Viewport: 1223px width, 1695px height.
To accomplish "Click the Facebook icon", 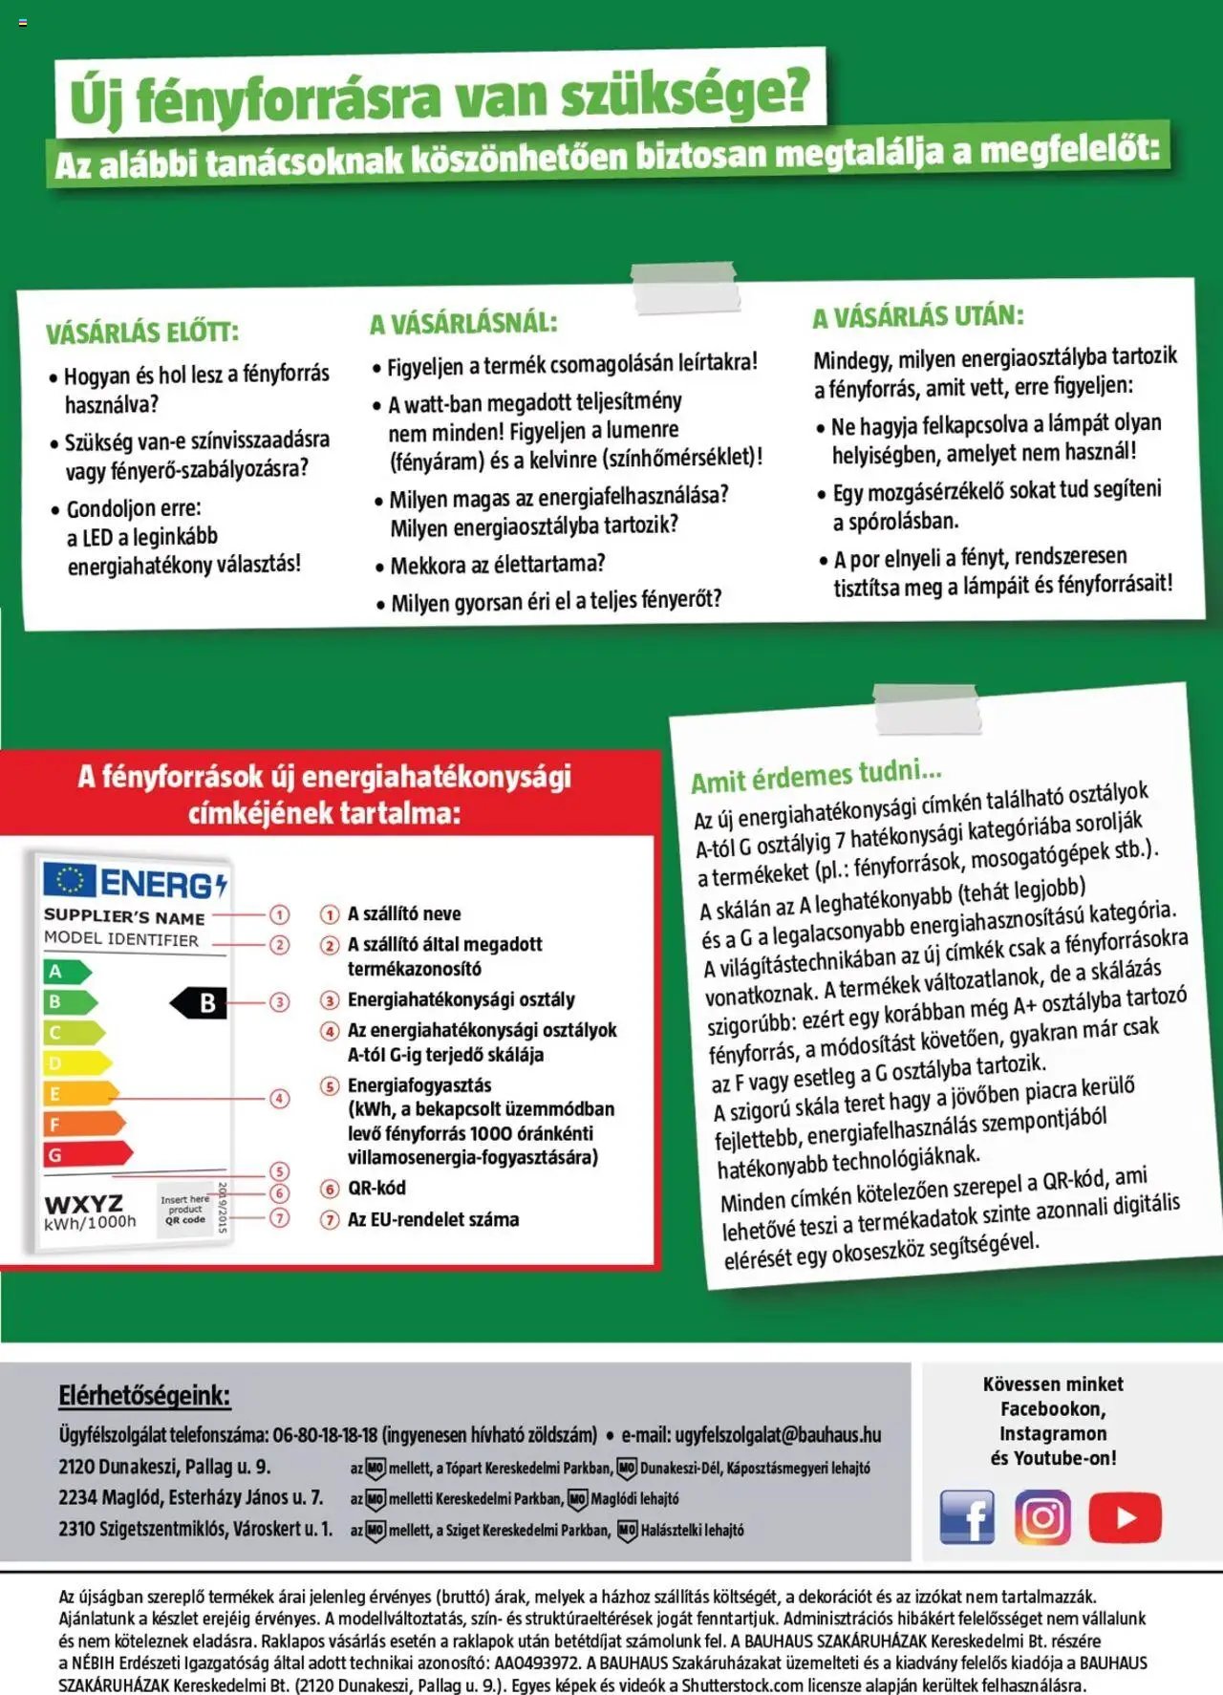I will pyautogui.click(x=967, y=1516).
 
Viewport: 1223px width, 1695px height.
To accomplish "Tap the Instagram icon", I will pyautogui.click(x=1042, y=1516).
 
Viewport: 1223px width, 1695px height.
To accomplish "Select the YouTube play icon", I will pyautogui.click(x=1125, y=1516).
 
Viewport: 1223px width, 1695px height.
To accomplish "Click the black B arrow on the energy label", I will pyautogui.click(x=200, y=1003).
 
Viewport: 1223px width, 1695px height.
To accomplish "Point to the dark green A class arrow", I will pyautogui.click(x=66, y=972).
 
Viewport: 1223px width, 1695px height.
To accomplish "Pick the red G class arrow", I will pyautogui.click(x=87, y=1154).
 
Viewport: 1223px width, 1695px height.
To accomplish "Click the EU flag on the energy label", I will pyautogui.click(x=70, y=881).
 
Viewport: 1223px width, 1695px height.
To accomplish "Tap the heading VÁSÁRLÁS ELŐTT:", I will pyautogui.click(x=142, y=333).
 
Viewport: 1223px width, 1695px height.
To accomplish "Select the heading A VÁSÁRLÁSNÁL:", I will pyautogui.click(x=463, y=323).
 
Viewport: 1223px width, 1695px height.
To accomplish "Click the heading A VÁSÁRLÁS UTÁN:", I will pyautogui.click(x=917, y=316).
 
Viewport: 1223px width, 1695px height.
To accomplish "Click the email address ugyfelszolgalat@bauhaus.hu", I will pyautogui.click(x=778, y=1434).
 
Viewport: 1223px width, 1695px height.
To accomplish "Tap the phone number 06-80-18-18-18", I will pyautogui.click(x=325, y=1434).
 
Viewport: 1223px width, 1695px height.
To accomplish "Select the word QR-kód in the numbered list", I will pyautogui.click(x=376, y=1188).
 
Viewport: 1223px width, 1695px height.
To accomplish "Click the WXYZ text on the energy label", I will pyautogui.click(x=84, y=1203).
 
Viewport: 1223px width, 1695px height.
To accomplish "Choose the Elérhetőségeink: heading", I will pyautogui.click(x=144, y=1395).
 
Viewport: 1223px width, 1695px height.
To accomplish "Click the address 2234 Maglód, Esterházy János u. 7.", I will pyautogui.click(x=191, y=1497).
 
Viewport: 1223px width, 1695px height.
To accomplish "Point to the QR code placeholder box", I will pyautogui.click(x=185, y=1209).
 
